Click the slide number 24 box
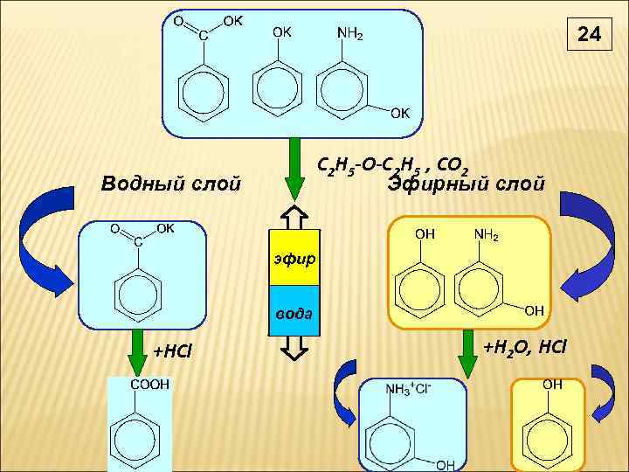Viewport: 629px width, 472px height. (x=590, y=36)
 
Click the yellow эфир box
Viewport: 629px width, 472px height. (x=294, y=259)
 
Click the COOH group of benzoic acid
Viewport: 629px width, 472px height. (x=149, y=385)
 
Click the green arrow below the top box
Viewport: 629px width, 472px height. (x=294, y=166)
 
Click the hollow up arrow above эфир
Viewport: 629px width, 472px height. (x=294, y=216)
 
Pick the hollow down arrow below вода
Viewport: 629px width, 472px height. (x=294, y=348)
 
